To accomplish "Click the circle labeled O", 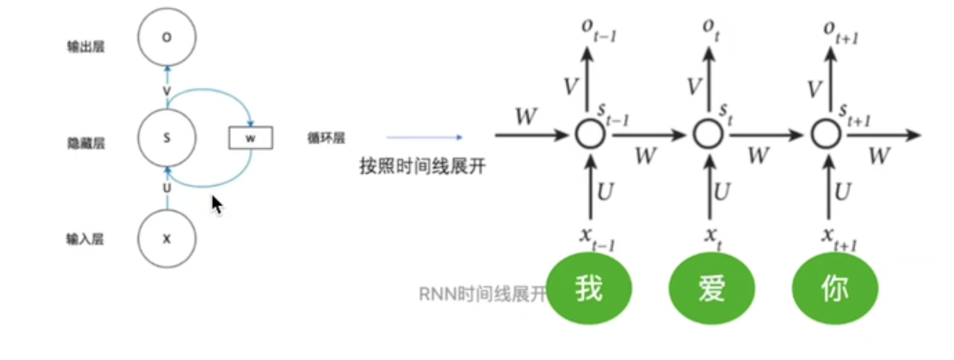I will [166, 38].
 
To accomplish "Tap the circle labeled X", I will [166, 239].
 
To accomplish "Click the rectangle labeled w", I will [251, 138].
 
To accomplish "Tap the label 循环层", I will [326, 139].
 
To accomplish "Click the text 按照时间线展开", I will [423, 166].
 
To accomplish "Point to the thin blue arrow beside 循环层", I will [424, 138].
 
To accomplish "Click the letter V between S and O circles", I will [166, 91].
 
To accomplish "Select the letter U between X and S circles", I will [166, 188].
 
